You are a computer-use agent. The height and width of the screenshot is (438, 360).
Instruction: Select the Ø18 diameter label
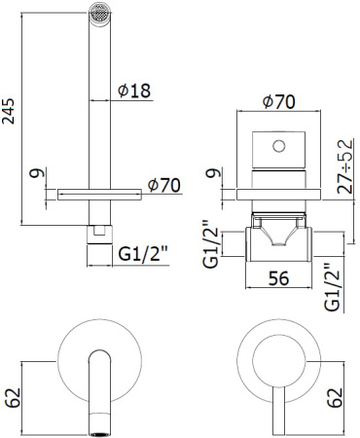click(133, 91)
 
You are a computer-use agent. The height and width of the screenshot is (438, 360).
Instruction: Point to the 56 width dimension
click(278, 278)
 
